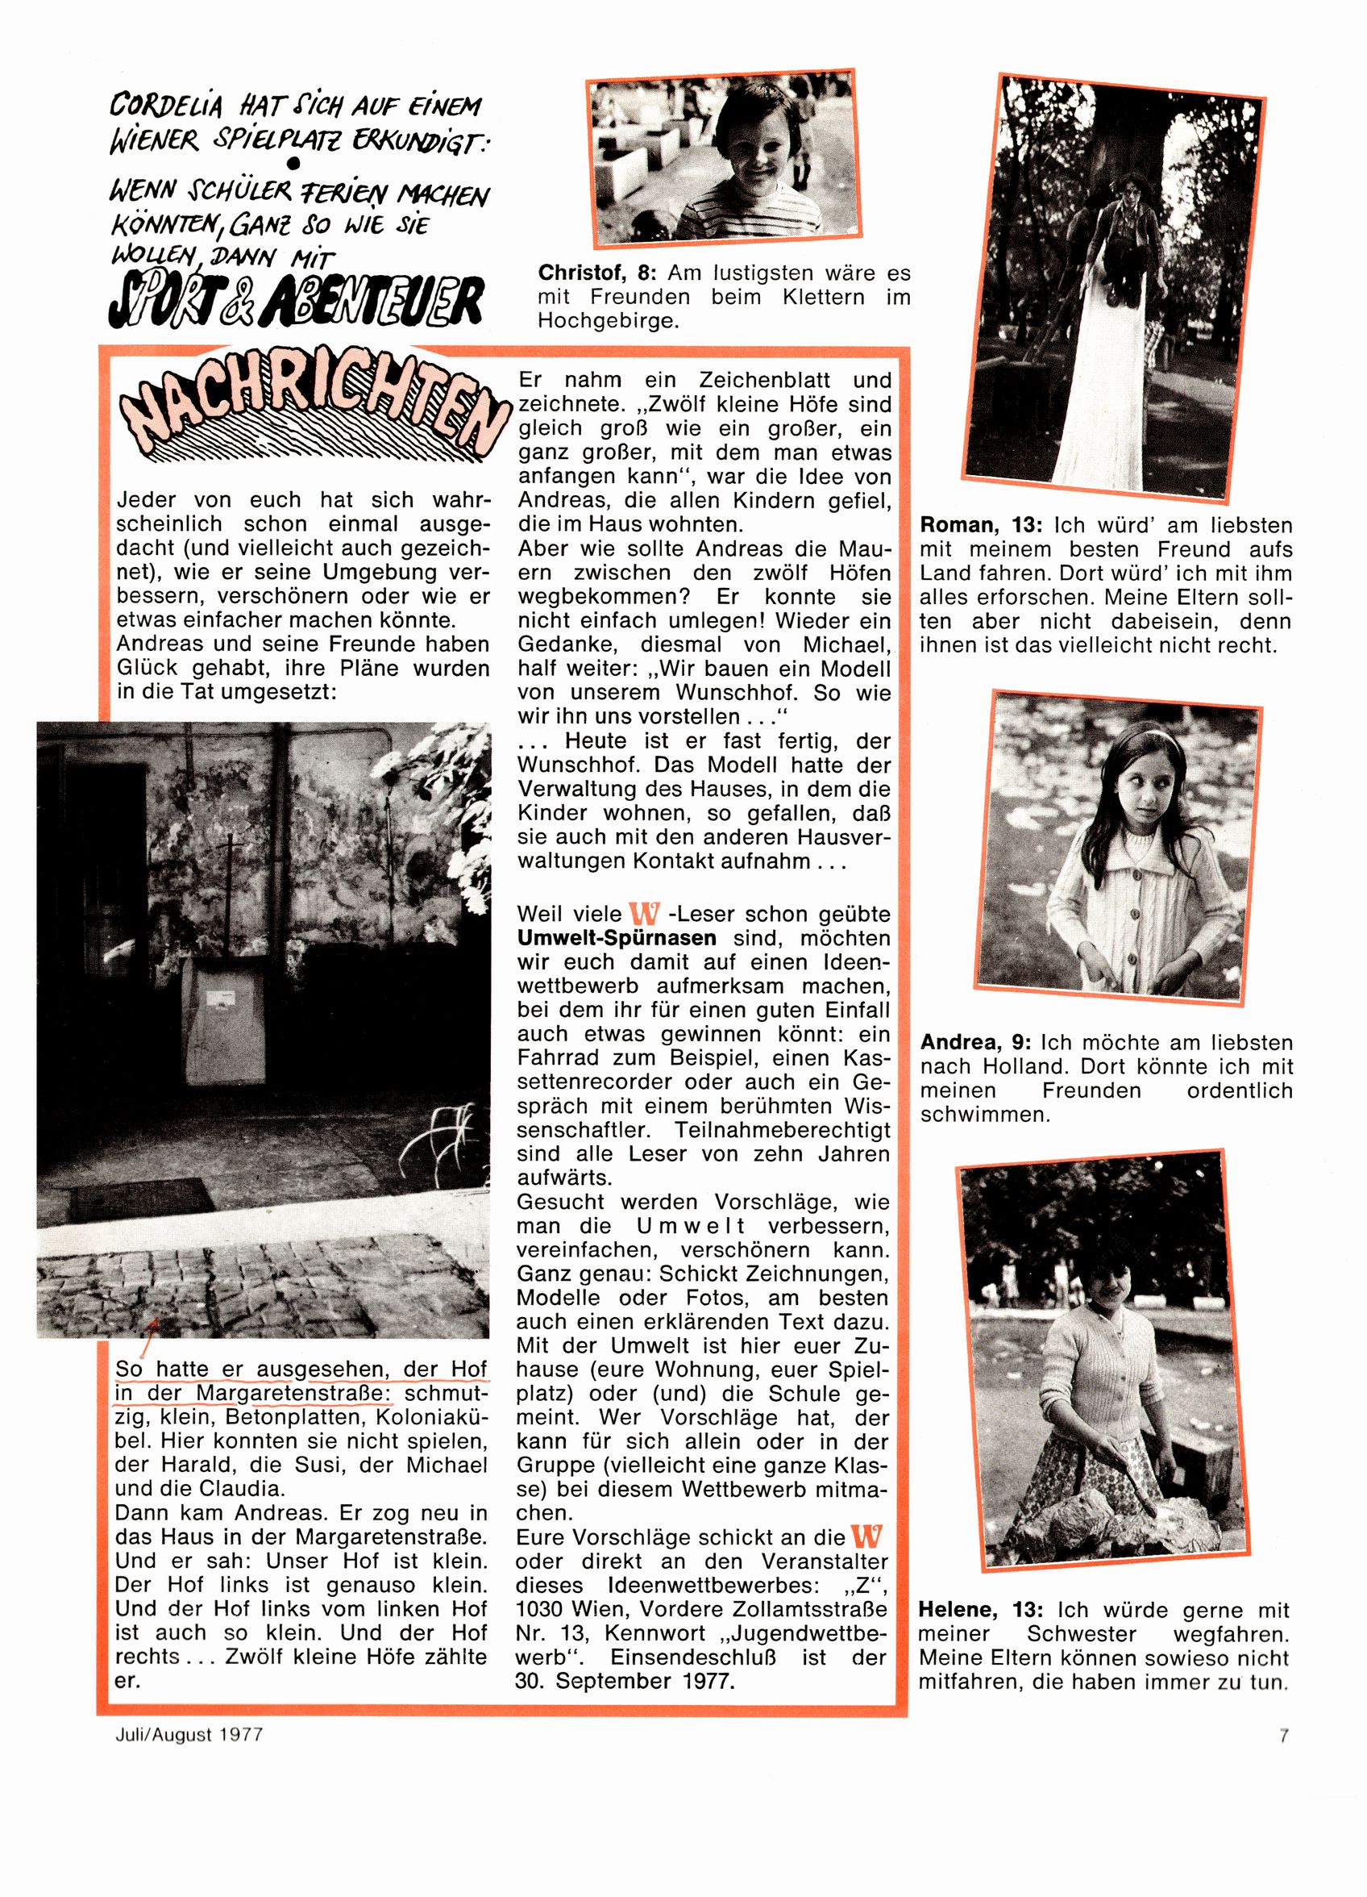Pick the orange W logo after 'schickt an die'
point(866,1536)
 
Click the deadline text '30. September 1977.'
point(625,1682)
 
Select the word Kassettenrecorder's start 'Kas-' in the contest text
point(870,1058)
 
